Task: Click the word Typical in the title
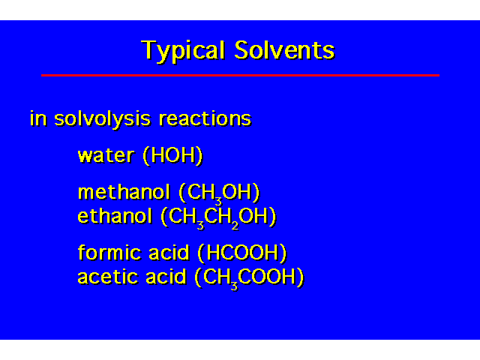point(183,51)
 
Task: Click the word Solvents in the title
point(284,50)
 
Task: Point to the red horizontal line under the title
point(240,75)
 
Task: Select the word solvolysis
point(102,118)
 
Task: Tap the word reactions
point(205,118)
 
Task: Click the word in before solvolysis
point(38,118)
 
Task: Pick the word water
point(106,155)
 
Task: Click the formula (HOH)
point(172,156)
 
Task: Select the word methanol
point(124,192)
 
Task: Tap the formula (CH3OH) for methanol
point(219,193)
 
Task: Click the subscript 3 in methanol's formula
point(218,202)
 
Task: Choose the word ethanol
point(115,216)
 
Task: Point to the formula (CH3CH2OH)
point(218,217)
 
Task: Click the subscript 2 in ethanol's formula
point(235,226)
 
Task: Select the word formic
point(109,253)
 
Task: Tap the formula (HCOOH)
point(242,253)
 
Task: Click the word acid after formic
point(169,253)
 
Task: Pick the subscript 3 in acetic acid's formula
point(234,286)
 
